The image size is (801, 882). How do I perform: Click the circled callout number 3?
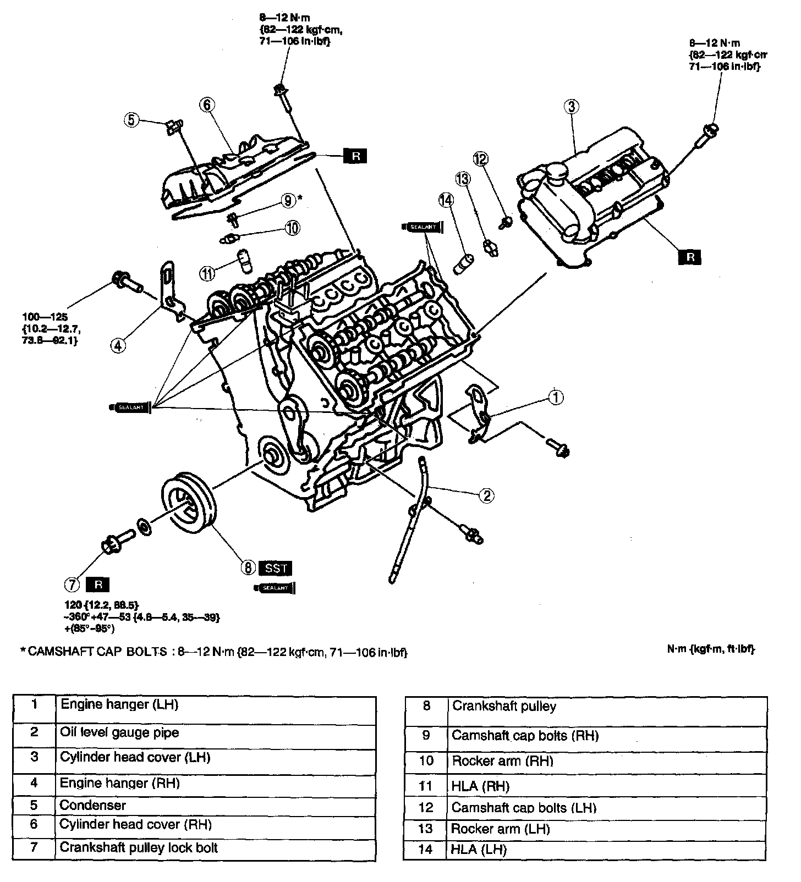[571, 107]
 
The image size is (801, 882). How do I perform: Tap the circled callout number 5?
[131, 119]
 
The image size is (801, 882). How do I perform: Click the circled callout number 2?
[486, 496]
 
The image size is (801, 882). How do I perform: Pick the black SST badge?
[276, 567]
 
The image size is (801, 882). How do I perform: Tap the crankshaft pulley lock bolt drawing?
[117, 541]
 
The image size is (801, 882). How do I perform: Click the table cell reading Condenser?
[215, 806]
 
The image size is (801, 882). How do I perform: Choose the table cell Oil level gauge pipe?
[215, 733]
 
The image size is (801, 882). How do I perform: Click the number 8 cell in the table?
[426, 707]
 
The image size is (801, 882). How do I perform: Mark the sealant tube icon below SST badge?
[275, 588]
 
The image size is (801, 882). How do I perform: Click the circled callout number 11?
[206, 273]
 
